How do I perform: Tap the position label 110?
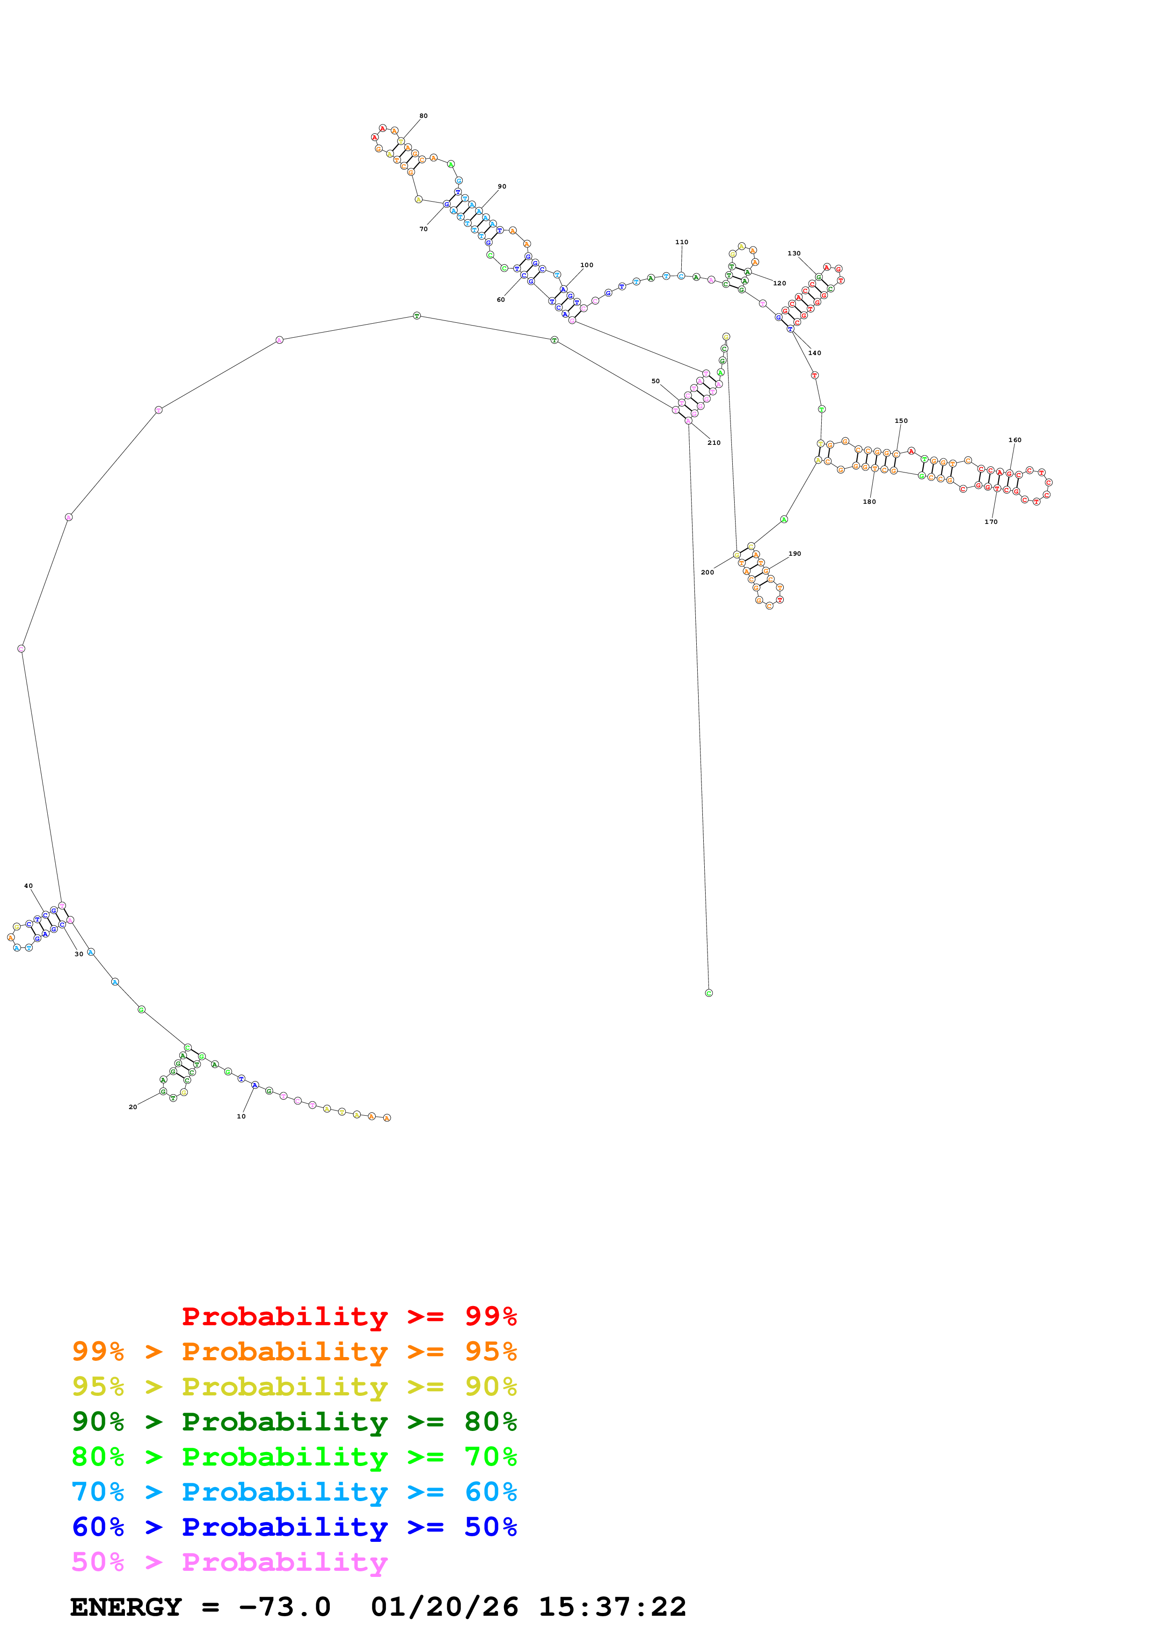(x=681, y=242)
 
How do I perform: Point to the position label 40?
(x=29, y=886)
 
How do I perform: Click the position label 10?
(x=241, y=1117)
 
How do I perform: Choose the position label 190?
(x=794, y=554)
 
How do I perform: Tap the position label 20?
(x=133, y=1107)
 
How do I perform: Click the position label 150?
(x=901, y=421)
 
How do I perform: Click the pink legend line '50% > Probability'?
(x=229, y=1562)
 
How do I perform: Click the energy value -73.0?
(x=285, y=1607)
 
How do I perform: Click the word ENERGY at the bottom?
(x=126, y=1607)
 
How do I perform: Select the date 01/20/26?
(x=444, y=1607)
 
